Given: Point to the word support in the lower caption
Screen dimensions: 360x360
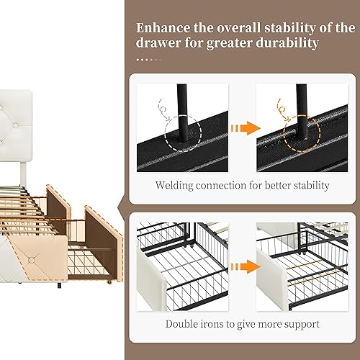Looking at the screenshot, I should pos(302,323).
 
